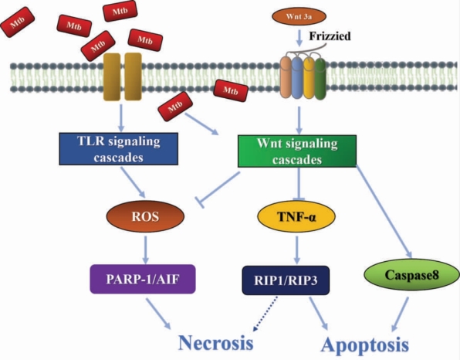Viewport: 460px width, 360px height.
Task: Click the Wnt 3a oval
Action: [299, 16]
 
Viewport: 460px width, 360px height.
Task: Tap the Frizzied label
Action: [330, 36]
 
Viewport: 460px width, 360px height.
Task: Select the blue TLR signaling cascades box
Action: [119, 149]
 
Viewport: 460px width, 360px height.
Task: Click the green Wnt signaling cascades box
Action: [297, 151]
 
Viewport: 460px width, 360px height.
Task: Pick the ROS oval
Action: [145, 216]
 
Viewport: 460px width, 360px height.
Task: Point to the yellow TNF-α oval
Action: [296, 216]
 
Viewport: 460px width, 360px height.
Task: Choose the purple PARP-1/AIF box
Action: [143, 279]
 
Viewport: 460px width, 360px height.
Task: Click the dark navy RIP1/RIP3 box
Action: [286, 280]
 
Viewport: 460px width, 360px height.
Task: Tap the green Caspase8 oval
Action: [411, 275]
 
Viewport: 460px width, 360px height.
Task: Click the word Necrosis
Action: [215, 343]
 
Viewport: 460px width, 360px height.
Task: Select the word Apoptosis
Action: [365, 345]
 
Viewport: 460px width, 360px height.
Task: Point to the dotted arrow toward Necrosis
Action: [266, 314]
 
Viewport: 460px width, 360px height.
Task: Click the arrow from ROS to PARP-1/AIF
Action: [146, 250]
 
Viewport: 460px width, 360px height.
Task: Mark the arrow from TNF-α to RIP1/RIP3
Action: [297, 250]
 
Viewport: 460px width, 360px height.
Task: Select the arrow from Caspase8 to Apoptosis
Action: [400, 314]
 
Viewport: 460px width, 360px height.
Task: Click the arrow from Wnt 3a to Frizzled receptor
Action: [299, 38]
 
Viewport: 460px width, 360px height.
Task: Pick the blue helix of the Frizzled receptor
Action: [297, 78]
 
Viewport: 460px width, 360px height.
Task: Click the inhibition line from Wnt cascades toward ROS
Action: [218, 189]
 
